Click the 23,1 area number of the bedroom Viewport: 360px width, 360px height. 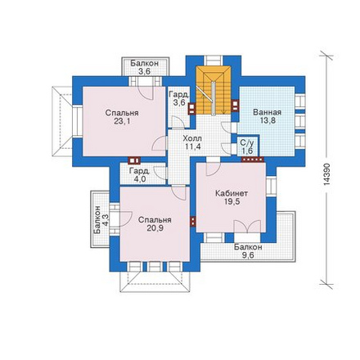click(x=122, y=121)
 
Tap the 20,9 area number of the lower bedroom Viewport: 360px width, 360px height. click(x=155, y=228)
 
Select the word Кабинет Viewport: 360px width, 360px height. click(x=232, y=193)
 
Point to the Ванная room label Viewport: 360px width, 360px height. click(x=267, y=112)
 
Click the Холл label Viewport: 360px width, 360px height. click(x=192, y=138)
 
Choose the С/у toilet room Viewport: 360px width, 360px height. click(x=247, y=146)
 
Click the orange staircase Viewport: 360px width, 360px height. click(x=214, y=90)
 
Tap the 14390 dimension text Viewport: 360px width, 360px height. click(x=327, y=174)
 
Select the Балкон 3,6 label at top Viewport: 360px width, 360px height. click(x=144, y=67)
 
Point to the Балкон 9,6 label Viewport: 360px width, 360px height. click(x=248, y=251)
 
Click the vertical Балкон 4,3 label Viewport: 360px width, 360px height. click(x=101, y=219)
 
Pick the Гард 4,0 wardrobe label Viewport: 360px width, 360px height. click(x=139, y=175)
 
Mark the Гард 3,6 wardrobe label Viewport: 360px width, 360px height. click(x=178, y=99)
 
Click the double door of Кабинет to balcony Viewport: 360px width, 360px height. click(x=247, y=227)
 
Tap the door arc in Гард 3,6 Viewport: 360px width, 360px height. click(x=178, y=122)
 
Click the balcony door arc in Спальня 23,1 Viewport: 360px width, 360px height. click(x=145, y=92)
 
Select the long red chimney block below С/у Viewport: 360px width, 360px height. click(x=253, y=160)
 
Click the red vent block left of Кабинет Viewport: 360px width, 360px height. click(x=193, y=222)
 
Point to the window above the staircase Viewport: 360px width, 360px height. click(x=214, y=61)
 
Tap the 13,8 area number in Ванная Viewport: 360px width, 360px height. click(x=268, y=120)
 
